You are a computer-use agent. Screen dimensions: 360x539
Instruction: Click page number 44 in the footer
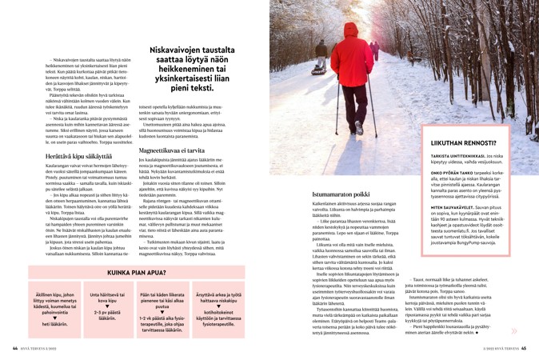[x=14, y=348]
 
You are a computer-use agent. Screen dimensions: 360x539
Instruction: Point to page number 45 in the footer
[x=524, y=348]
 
